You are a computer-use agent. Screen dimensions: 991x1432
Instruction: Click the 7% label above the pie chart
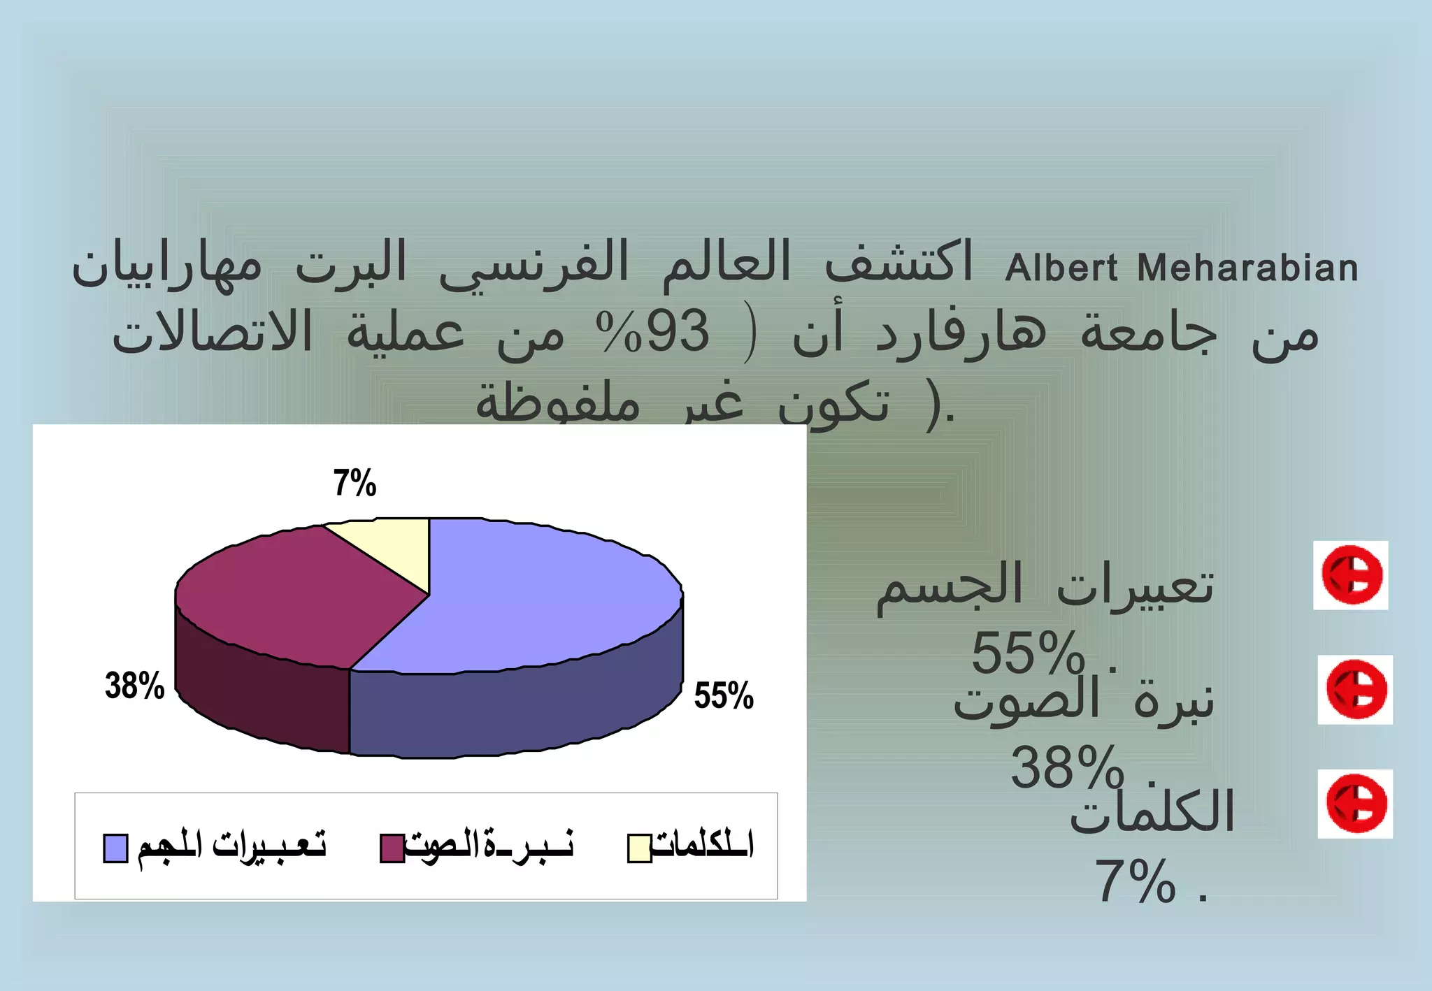pyautogui.click(x=355, y=483)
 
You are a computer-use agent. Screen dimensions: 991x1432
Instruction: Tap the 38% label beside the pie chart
pyautogui.click(x=134, y=685)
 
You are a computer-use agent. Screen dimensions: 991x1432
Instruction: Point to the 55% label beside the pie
pyautogui.click(x=723, y=695)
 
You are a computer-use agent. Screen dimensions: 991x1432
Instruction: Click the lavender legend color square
pyautogui.click(x=115, y=848)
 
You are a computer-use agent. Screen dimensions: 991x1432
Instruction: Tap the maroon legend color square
pyautogui.click(x=392, y=848)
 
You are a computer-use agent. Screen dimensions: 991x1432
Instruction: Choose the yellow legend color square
pyautogui.click(x=639, y=848)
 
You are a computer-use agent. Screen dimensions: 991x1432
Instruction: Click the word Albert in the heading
pyautogui.click(x=1061, y=268)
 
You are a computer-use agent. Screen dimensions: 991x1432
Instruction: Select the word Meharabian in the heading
pyautogui.click(x=1247, y=268)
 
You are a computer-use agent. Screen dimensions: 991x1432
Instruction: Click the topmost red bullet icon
pyautogui.click(x=1351, y=575)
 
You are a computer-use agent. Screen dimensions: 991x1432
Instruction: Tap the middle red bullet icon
pyautogui.click(x=1355, y=690)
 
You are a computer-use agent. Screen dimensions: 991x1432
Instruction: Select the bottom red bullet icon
pyautogui.click(x=1355, y=804)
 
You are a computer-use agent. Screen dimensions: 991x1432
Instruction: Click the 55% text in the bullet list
pyautogui.click(x=1028, y=653)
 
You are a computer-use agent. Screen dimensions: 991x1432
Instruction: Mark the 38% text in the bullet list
pyautogui.click(x=1067, y=767)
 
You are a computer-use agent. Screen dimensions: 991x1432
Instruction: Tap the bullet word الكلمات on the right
pyautogui.click(x=1152, y=811)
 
